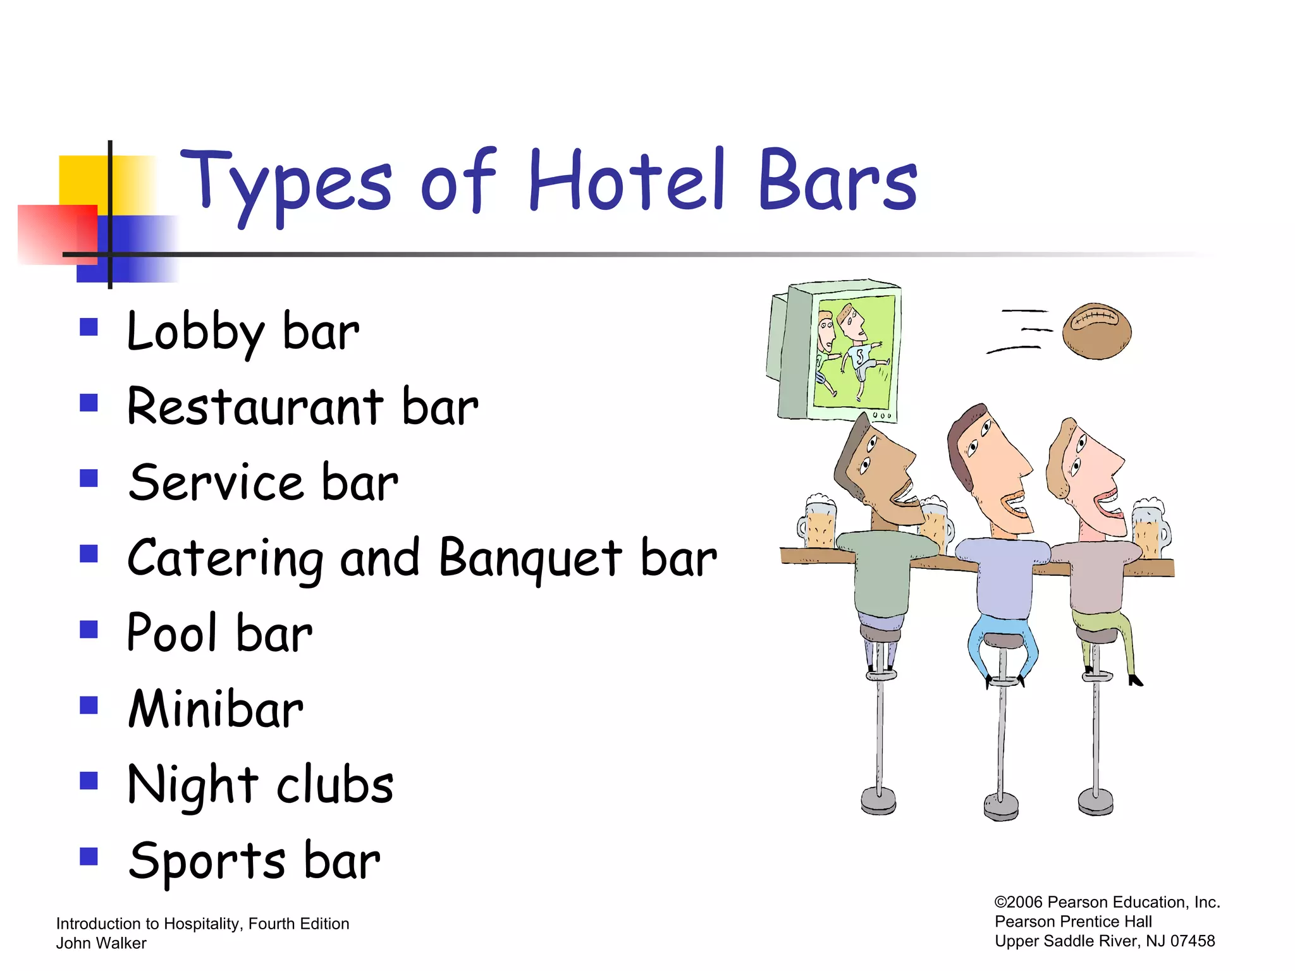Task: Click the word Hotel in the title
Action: [626, 180]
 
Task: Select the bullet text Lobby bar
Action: [243, 333]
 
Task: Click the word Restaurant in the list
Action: [255, 407]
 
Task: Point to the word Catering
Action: [225, 559]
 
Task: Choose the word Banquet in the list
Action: [530, 559]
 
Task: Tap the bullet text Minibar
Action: [216, 709]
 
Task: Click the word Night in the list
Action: [193, 786]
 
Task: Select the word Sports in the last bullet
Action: [207, 862]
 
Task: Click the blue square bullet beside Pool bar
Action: [89, 630]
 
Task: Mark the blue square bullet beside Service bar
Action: [89, 479]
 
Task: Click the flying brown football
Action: [1096, 331]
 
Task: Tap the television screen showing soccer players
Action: [854, 351]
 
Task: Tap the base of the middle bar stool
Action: [1001, 807]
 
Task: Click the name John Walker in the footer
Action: [101, 943]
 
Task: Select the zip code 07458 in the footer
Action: [1193, 941]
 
